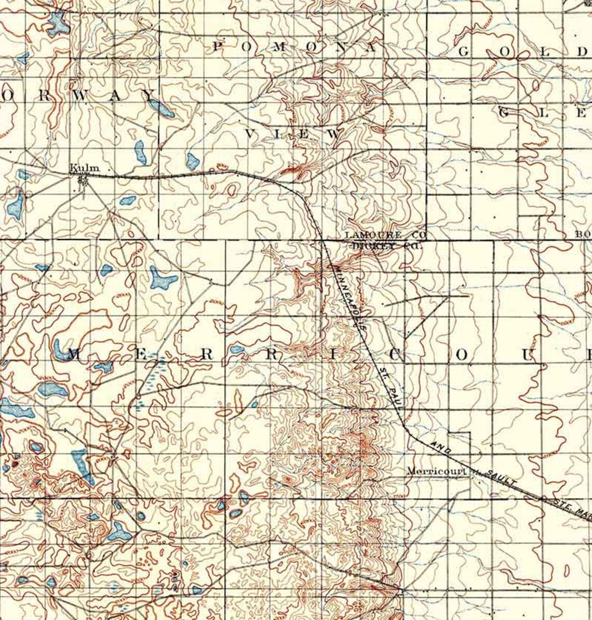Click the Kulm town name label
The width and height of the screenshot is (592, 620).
(x=84, y=168)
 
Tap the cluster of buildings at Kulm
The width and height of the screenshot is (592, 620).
(x=82, y=180)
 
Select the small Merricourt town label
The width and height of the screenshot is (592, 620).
(x=436, y=471)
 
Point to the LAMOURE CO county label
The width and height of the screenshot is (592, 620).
(x=385, y=235)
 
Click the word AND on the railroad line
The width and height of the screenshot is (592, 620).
(x=440, y=446)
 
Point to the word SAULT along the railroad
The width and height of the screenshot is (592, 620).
(x=502, y=477)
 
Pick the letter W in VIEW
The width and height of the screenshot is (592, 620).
(x=336, y=134)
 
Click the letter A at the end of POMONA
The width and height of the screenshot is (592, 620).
(x=372, y=47)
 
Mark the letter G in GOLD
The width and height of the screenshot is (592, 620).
(x=464, y=52)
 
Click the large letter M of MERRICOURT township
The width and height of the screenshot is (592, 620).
(x=74, y=355)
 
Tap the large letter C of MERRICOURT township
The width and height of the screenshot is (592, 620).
(x=396, y=355)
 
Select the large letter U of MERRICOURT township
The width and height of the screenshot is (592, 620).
(x=528, y=355)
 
